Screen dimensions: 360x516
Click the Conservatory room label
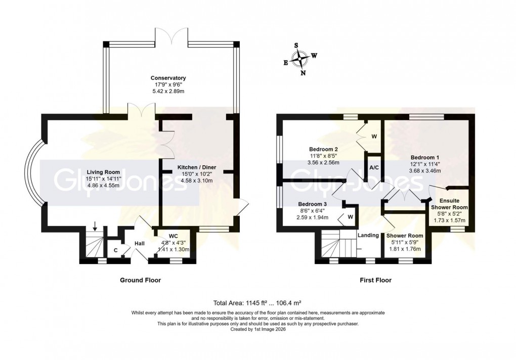click(168, 78)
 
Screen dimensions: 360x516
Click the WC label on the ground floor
click(173, 236)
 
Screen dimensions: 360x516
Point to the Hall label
click(140, 244)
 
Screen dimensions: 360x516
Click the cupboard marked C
click(116, 249)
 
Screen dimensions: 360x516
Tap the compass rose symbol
click(302, 59)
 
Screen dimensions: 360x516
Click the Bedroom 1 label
click(425, 157)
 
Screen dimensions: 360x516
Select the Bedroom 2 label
click(324, 149)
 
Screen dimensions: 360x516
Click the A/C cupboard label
click(374, 167)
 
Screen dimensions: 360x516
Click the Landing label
click(368, 235)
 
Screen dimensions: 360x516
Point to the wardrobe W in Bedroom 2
click(374, 136)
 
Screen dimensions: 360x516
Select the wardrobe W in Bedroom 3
click(350, 217)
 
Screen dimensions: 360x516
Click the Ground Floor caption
click(140, 280)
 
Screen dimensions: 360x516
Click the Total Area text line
click(257, 303)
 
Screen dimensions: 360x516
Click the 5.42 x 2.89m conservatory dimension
click(168, 93)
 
